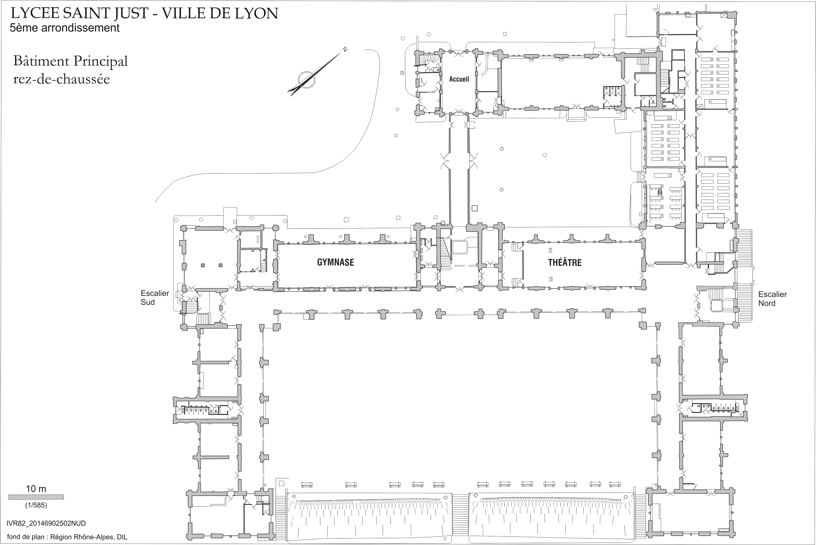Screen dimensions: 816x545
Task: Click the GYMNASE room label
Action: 335,262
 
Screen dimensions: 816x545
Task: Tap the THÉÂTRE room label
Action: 565,262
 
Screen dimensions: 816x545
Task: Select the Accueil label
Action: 459,79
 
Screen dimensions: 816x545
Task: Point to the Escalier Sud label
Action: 155,298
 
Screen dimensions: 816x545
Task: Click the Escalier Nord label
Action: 772,299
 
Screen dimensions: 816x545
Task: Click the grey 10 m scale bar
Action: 36,497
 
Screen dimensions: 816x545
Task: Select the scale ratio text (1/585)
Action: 36,505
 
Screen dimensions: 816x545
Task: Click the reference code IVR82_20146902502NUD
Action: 46,523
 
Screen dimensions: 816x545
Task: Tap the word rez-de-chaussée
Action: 62,79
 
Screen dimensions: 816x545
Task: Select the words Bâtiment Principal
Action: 70,61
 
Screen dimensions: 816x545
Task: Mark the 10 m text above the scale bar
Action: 36,489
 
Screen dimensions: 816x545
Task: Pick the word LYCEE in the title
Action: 35,14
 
